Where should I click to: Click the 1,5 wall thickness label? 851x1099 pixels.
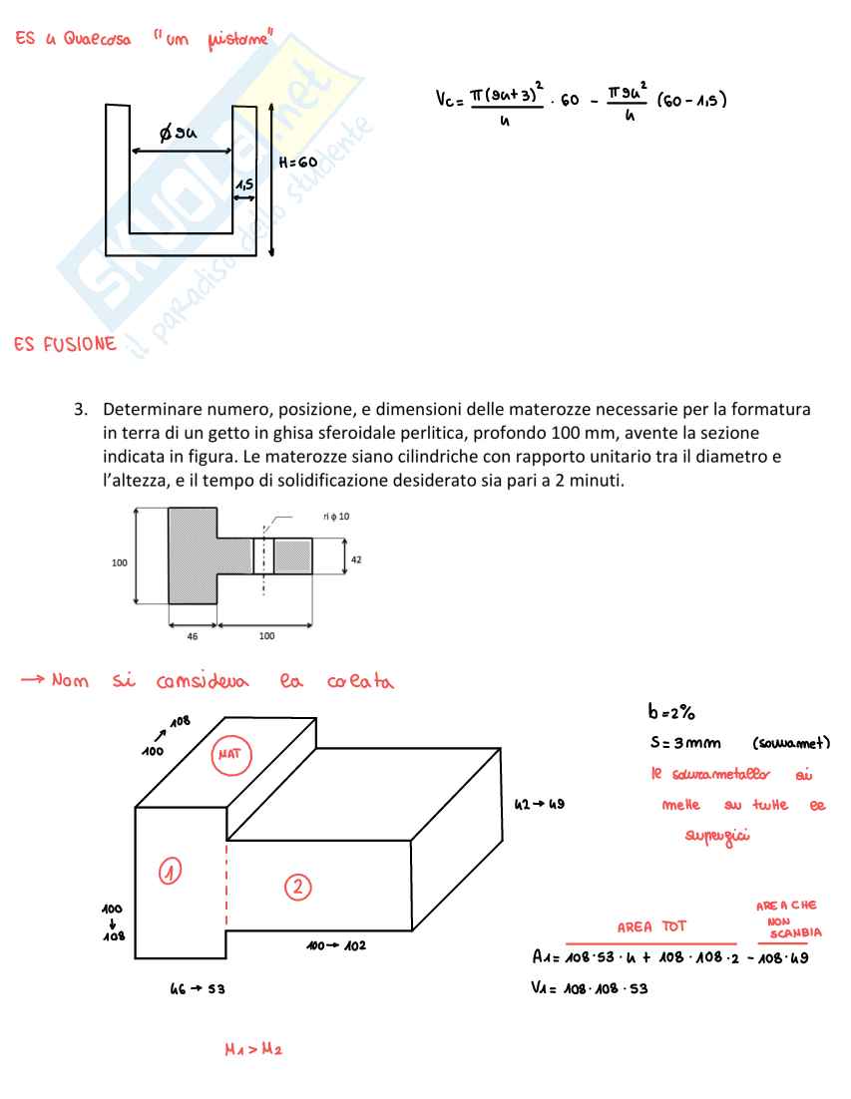click(x=242, y=185)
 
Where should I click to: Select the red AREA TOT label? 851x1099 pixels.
click(x=651, y=926)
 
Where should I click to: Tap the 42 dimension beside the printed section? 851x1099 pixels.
click(x=357, y=559)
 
